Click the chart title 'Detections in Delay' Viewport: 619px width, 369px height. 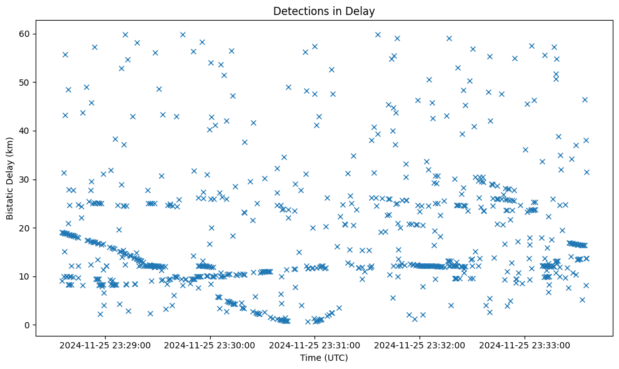pos(324,11)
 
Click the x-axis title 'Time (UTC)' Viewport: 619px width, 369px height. pos(324,358)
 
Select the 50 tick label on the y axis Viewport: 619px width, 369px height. pos(26,83)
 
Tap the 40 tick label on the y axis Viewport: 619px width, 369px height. pos(26,131)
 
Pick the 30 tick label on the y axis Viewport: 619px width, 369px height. pos(26,179)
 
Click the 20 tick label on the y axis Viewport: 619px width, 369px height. pos(26,228)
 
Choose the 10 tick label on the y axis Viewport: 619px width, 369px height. pos(26,276)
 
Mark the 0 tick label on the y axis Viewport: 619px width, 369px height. pos(29,325)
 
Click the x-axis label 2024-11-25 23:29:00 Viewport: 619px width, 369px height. pos(105,345)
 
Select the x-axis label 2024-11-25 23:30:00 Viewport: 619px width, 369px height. pos(209,345)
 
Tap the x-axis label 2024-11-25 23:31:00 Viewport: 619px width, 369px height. pos(315,345)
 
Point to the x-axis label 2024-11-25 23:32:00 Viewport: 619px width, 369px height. pos(419,345)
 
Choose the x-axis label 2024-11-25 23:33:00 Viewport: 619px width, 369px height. pos(524,345)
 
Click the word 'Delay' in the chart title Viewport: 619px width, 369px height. pos(363,11)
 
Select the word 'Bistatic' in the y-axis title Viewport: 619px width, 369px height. pos(10,201)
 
